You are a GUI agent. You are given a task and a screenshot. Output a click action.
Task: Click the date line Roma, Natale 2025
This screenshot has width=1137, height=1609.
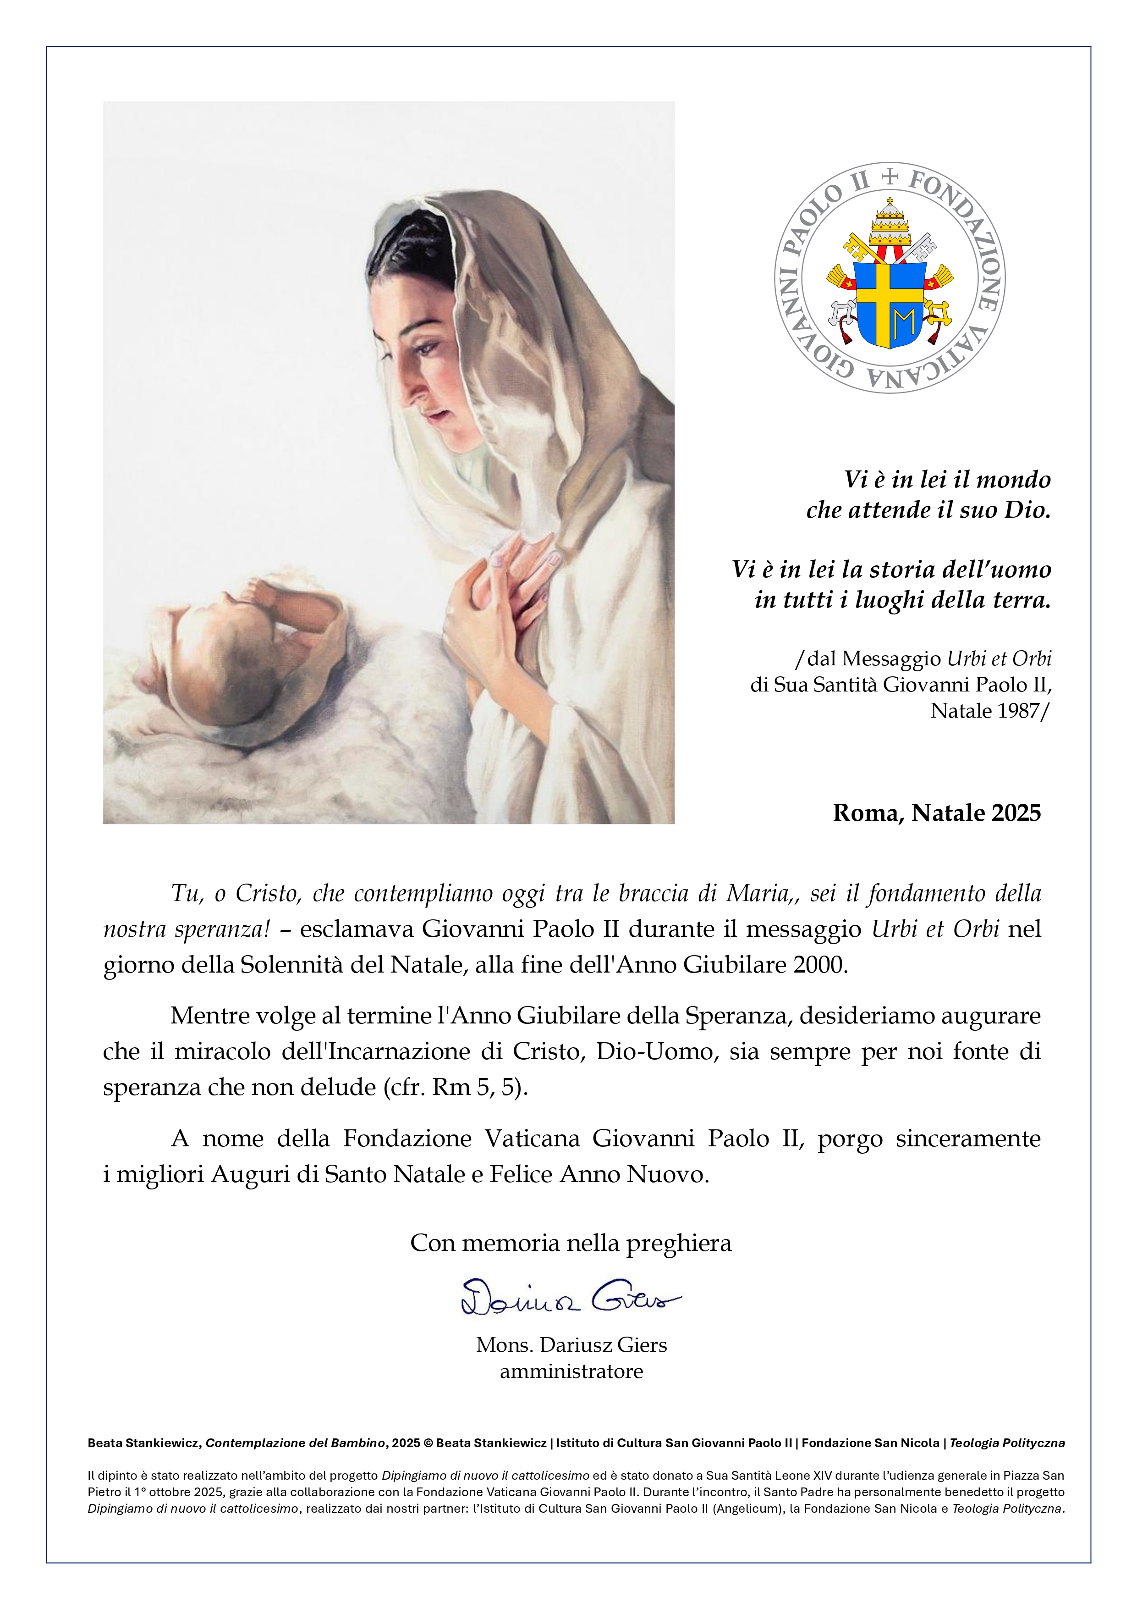937,813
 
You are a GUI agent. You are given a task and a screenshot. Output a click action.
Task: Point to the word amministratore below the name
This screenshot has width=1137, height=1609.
571,1371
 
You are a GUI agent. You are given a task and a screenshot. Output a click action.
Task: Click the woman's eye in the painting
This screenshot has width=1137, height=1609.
425,345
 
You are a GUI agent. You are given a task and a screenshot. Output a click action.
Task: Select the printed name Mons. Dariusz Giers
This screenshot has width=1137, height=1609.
571,1345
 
